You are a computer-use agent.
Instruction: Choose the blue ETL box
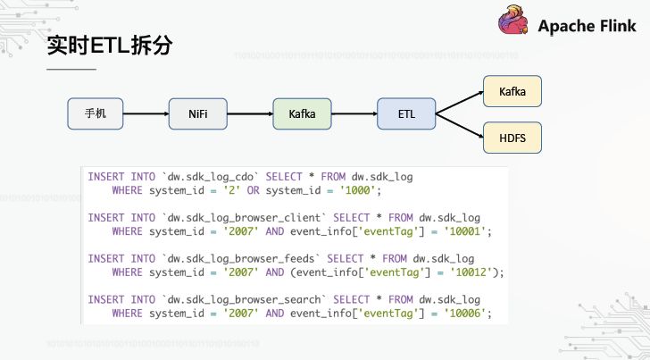pos(405,113)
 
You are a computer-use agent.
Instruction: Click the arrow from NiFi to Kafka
pos(249,113)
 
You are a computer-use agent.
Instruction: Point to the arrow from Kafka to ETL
pos(354,113)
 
